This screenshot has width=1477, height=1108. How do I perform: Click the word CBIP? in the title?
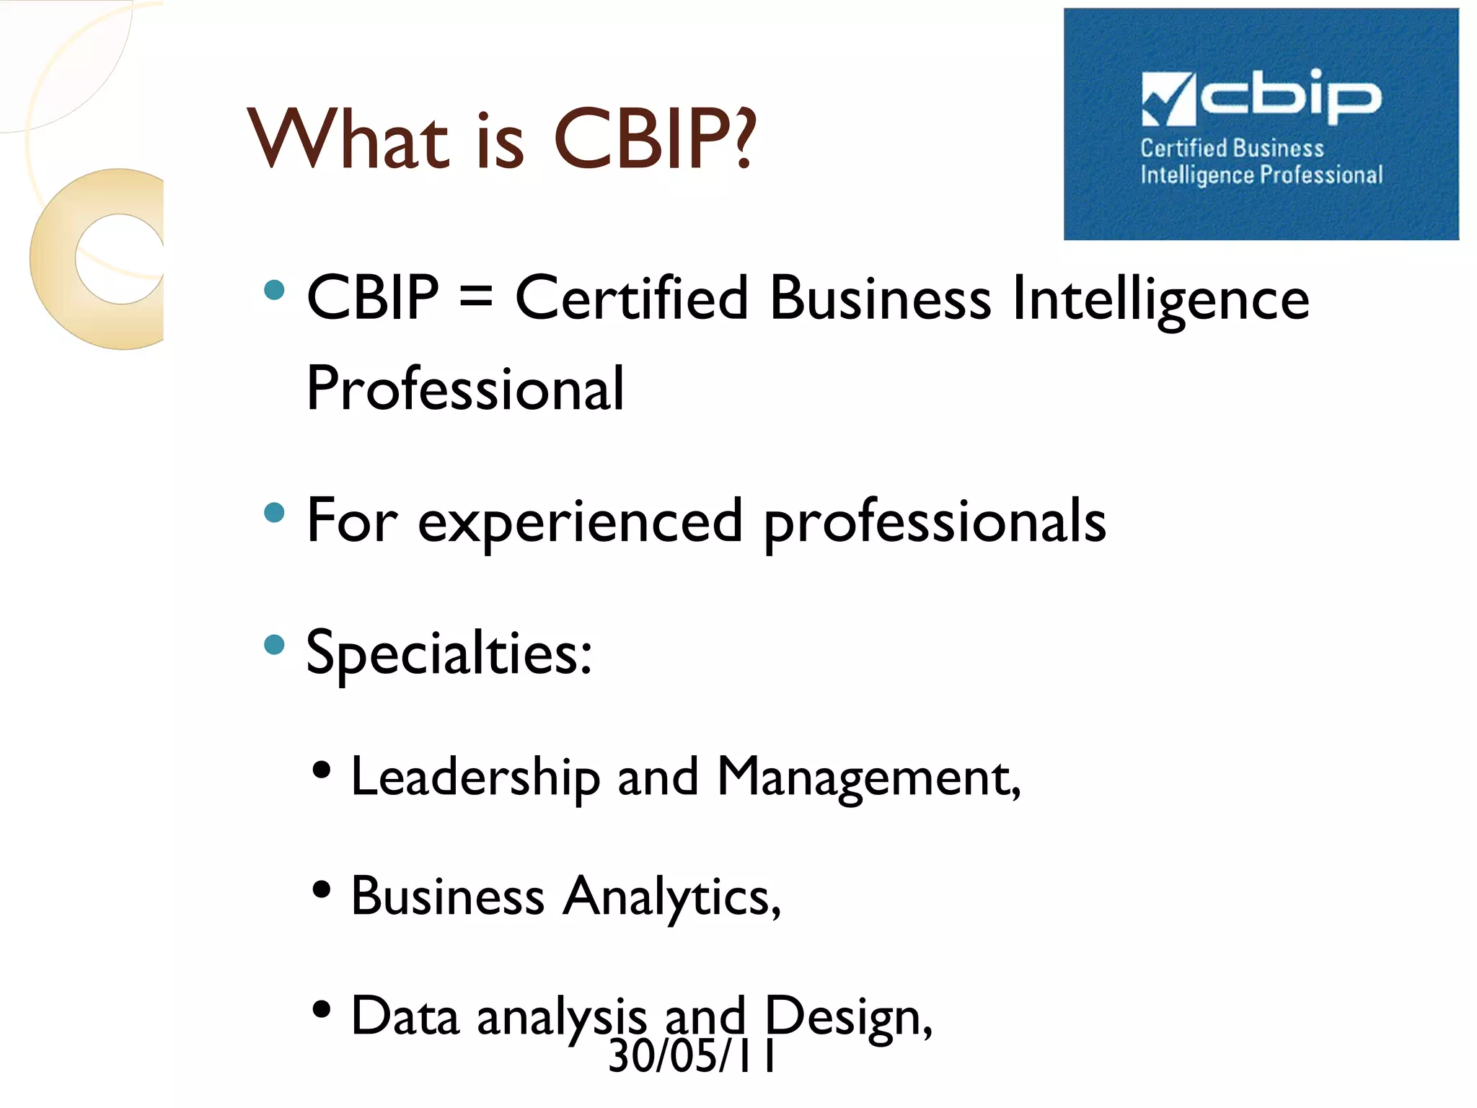pyautogui.click(x=655, y=138)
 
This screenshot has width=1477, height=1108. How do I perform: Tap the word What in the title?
pyautogui.click(x=349, y=138)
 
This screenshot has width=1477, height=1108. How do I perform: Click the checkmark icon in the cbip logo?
pyautogui.click(x=1167, y=98)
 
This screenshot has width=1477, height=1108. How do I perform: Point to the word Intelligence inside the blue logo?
pyautogui.click(x=1197, y=175)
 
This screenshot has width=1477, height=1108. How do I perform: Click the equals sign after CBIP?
pyautogui.click(x=476, y=298)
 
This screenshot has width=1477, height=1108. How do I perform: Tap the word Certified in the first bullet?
pyautogui.click(x=632, y=298)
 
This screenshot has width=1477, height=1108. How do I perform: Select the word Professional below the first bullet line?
pyautogui.click(x=465, y=389)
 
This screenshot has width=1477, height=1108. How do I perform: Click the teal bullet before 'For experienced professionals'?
pyautogui.click(x=274, y=513)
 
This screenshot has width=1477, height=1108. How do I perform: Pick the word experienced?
pyautogui.click(x=580, y=522)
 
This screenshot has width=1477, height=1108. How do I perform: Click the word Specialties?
pyautogui.click(x=449, y=653)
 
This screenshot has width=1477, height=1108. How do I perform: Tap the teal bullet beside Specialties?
pyautogui.click(x=274, y=644)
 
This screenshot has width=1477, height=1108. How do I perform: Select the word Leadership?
pyautogui.click(x=475, y=778)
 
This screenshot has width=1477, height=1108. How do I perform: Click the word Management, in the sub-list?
pyautogui.click(x=868, y=778)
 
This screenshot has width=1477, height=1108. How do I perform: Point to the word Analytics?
pyautogui.click(x=672, y=897)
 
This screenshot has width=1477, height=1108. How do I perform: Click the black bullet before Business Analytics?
pyautogui.click(x=322, y=889)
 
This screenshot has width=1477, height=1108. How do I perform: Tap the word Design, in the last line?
pyautogui.click(x=848, y=1016)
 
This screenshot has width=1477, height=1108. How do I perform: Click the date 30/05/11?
pyautogui.click(x=691, y=1056)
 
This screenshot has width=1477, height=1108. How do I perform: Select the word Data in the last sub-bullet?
pyautogui.click(x=405, y=1016)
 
